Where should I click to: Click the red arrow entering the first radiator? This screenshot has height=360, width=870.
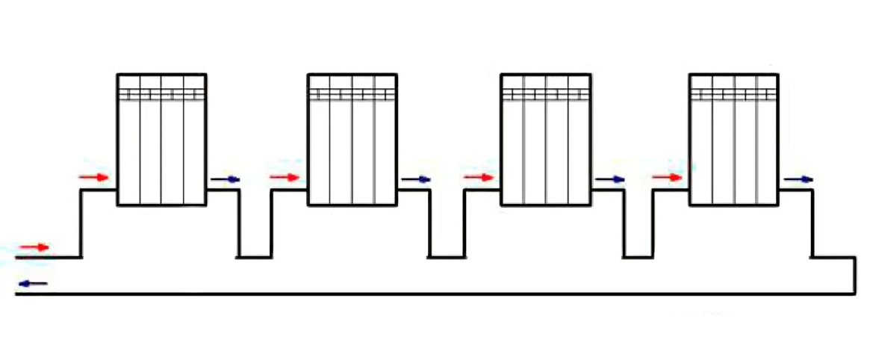point(94,177)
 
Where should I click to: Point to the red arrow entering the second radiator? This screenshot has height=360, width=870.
point(285,177)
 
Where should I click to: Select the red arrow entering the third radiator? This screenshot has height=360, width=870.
point(479,177)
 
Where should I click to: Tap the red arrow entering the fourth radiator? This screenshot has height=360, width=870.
point(667,177)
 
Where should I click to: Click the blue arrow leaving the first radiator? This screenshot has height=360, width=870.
point(226,179)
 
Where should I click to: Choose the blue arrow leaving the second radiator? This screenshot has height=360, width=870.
point(416,179)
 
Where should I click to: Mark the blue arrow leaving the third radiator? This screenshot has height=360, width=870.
point(609,179)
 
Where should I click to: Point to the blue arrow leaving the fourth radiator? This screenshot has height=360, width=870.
point(798,179)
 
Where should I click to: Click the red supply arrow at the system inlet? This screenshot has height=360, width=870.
point(34,247)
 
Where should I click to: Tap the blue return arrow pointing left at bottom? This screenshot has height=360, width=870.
point(33,283)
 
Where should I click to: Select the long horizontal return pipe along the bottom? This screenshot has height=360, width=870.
point(433,294)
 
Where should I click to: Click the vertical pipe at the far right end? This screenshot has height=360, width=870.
point(854,276)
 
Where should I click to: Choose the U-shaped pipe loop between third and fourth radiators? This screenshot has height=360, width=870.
point(639,256)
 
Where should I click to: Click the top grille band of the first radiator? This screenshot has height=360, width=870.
point(161,94)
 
